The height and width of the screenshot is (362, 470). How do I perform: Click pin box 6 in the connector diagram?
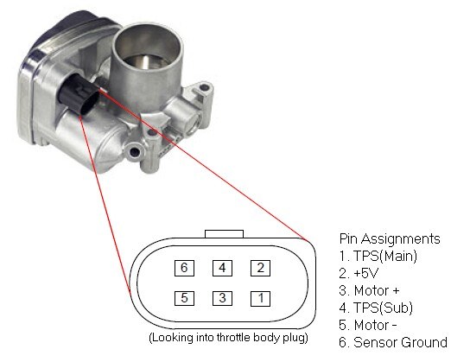click(x=184, y=268)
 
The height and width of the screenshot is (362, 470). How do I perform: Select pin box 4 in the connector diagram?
click(x=222, y=268)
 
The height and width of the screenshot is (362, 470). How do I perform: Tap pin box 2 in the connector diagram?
click(x=260, y=268)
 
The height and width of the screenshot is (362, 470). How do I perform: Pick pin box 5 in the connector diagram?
click(x=184, y=298)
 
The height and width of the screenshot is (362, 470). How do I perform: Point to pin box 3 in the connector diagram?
click(x=222, y=298)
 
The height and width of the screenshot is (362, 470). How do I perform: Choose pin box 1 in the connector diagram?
click(x=260, y=298)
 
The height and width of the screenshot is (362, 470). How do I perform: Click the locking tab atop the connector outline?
click(x=224, y=234)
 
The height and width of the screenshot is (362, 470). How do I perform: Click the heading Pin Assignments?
click(x=390, y=239)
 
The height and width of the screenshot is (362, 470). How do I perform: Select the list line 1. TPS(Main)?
click(x=378, y=257)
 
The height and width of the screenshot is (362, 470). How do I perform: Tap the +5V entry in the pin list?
click(x=359, y=273)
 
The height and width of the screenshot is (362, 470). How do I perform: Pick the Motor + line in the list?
click(x=369, y=290)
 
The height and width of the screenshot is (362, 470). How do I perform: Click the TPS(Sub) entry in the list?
click(x=376, y=308)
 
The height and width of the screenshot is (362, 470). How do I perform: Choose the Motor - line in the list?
click(x=368, y=326)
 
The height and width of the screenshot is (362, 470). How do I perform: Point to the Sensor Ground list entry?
click(x=393, y=343)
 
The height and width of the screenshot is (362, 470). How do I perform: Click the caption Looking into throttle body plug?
click(x=228, y=338)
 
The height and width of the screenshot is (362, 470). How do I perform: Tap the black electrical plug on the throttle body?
click(x=79, y=93)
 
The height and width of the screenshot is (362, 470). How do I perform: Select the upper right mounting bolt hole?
click(x=204, y=88)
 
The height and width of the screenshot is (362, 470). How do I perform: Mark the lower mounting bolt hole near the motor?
click(x=134, y=153)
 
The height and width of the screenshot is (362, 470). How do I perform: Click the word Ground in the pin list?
click(x=424, y=343)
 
